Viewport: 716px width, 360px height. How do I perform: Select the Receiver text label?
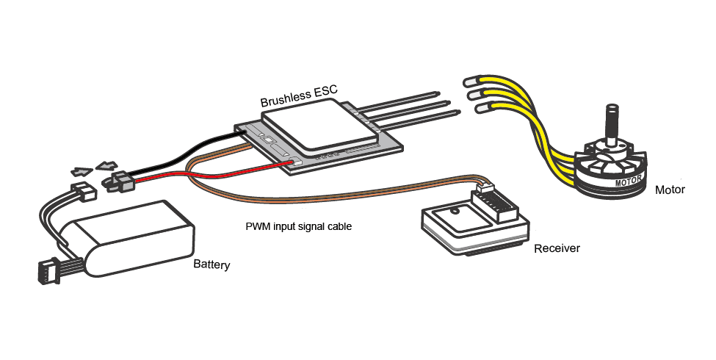[557, 248]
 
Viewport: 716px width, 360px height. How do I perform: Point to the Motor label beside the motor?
[670, 190]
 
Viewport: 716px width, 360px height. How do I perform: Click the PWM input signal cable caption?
[299, 226]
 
